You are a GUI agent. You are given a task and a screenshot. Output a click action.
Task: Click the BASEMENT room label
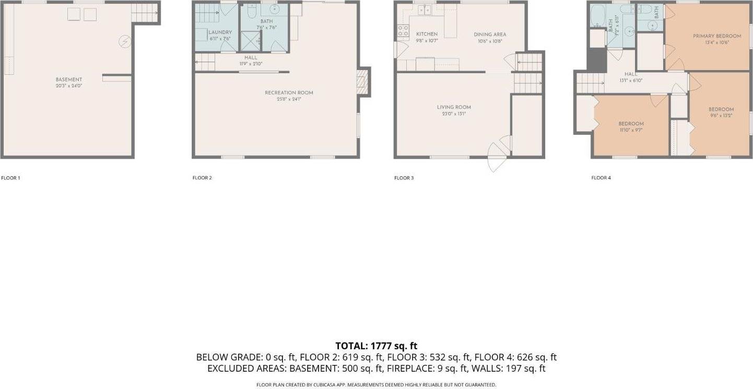coord(69,79)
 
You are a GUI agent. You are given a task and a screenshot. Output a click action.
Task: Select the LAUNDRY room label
coord(220,32)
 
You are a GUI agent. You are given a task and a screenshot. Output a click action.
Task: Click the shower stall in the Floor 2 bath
coord(250,41)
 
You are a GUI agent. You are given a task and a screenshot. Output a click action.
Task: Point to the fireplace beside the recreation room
coord(362,82)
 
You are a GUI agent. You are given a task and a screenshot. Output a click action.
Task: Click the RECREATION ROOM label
coord(289,93)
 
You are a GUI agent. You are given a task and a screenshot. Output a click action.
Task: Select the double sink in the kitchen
coord(424,9)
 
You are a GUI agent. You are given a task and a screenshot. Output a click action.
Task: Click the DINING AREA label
coord(490,35)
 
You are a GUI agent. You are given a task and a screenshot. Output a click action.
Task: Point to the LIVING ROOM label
coord(454,107)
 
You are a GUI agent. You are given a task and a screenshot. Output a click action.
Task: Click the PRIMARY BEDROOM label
coord(716,36)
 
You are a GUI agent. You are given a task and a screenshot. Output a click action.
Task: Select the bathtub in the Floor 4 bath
coord(597,16)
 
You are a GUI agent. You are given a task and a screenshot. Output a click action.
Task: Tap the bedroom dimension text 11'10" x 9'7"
coord(631,130)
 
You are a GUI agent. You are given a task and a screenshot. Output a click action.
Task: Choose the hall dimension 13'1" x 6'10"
coord(631,81)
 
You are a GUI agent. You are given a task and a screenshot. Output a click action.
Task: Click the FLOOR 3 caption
coord(404,178)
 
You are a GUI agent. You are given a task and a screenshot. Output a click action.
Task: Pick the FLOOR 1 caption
coord(10,178)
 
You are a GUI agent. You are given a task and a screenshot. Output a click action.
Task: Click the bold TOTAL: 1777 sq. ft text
coord(376,346)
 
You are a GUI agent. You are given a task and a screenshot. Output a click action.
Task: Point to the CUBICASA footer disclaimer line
coord(376,385)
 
